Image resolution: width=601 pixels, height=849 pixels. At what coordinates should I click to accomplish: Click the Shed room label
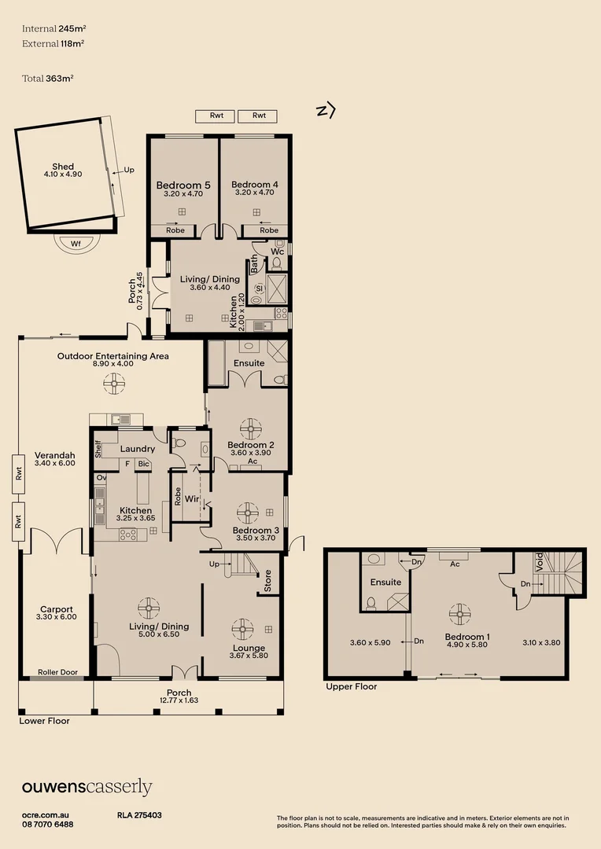[x=63, y=167]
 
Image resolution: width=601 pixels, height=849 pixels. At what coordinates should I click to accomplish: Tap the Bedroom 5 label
[x=183, y=185]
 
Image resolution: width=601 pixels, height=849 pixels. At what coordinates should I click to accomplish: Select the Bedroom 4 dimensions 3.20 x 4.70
[x=255, y=193]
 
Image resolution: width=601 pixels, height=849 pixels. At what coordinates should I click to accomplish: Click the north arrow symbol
[x=325, y=111]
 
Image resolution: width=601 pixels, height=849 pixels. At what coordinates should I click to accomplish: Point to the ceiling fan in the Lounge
[x=242, y=628]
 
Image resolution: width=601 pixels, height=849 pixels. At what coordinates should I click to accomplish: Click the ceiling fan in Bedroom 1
[x=458, y=612]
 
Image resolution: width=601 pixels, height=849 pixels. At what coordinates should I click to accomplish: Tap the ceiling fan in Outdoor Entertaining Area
[x=115, y=384]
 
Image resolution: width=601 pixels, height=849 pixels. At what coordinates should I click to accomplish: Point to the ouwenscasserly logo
[x=87, y=788]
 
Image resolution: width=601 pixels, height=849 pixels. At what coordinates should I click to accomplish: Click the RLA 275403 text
[x=139, y=816]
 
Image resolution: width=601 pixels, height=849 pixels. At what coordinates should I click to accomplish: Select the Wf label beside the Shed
[x=76, y=244]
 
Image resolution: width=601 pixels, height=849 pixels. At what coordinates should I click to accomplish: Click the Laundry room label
[x=137, y=449]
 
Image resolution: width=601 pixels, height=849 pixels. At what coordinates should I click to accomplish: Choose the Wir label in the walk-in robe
[x=191, y=498]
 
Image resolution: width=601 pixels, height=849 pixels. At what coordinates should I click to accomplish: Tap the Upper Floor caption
[x=351, y=686]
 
